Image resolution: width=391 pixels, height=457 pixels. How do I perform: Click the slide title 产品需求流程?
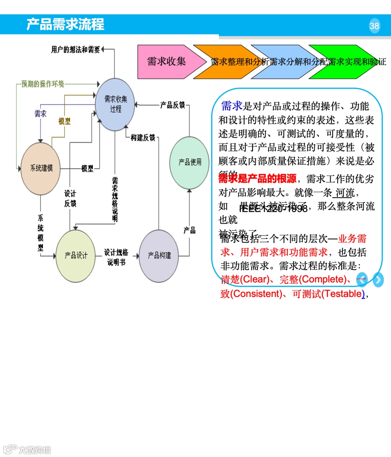click(x=65, y=24)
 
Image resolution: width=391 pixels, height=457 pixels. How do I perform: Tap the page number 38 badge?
click(x=374, y=26)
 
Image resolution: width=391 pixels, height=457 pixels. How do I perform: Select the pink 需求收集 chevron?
click(x=167, y=62)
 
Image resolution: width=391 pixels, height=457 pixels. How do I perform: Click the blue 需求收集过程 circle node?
click(x=115, y=104)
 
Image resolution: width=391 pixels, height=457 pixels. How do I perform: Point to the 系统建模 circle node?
click(x=41, y=168)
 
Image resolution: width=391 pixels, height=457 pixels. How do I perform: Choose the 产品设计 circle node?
click(x=76, y=256)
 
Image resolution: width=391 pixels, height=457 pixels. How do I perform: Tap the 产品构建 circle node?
click(x=159, y=256)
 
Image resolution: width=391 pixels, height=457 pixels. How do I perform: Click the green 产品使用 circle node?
click(x=190, y=162)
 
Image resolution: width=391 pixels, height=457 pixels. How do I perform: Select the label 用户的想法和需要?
click(x=76, y=50)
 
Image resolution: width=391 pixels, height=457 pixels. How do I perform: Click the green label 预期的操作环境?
click(x=43, y=84)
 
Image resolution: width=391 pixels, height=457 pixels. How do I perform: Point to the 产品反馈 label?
click(x=173, y=105)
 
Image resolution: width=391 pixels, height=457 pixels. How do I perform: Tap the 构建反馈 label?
click(x=143, y=137)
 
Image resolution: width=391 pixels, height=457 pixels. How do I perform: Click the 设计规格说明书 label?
click(x=116, y=257)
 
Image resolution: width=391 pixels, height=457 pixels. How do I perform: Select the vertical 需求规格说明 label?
click(x=115, y=199)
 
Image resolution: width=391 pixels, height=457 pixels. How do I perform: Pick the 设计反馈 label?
click(x=70, y=198)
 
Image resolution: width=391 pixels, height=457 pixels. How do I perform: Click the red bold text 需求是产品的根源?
click(x=257, y=178)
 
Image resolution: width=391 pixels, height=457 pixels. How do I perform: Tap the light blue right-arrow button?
click(x=378, y=280)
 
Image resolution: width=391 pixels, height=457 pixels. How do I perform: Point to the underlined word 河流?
click(x=345, y=193)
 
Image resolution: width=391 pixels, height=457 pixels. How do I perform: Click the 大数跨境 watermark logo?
click(x=27, y=449)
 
